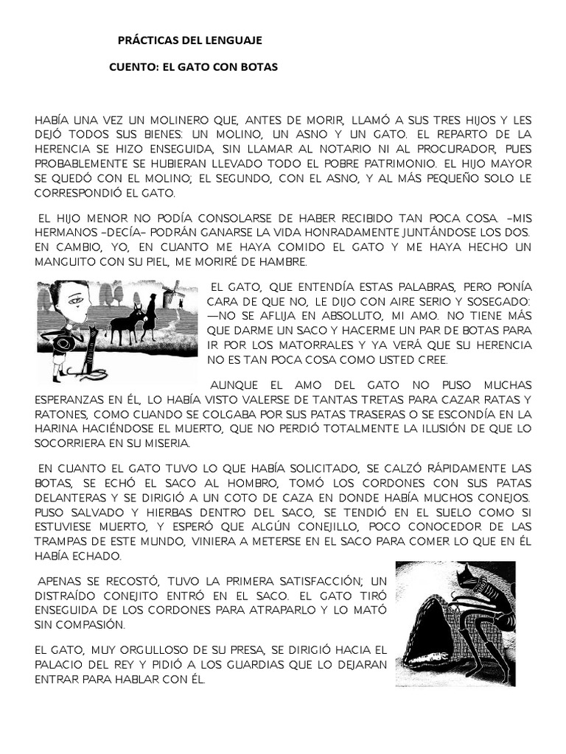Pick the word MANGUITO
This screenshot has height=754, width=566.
pyautogui.click(x=69, y=262)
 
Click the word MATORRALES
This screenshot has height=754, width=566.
pyautogui.click(x=290, y=346)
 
